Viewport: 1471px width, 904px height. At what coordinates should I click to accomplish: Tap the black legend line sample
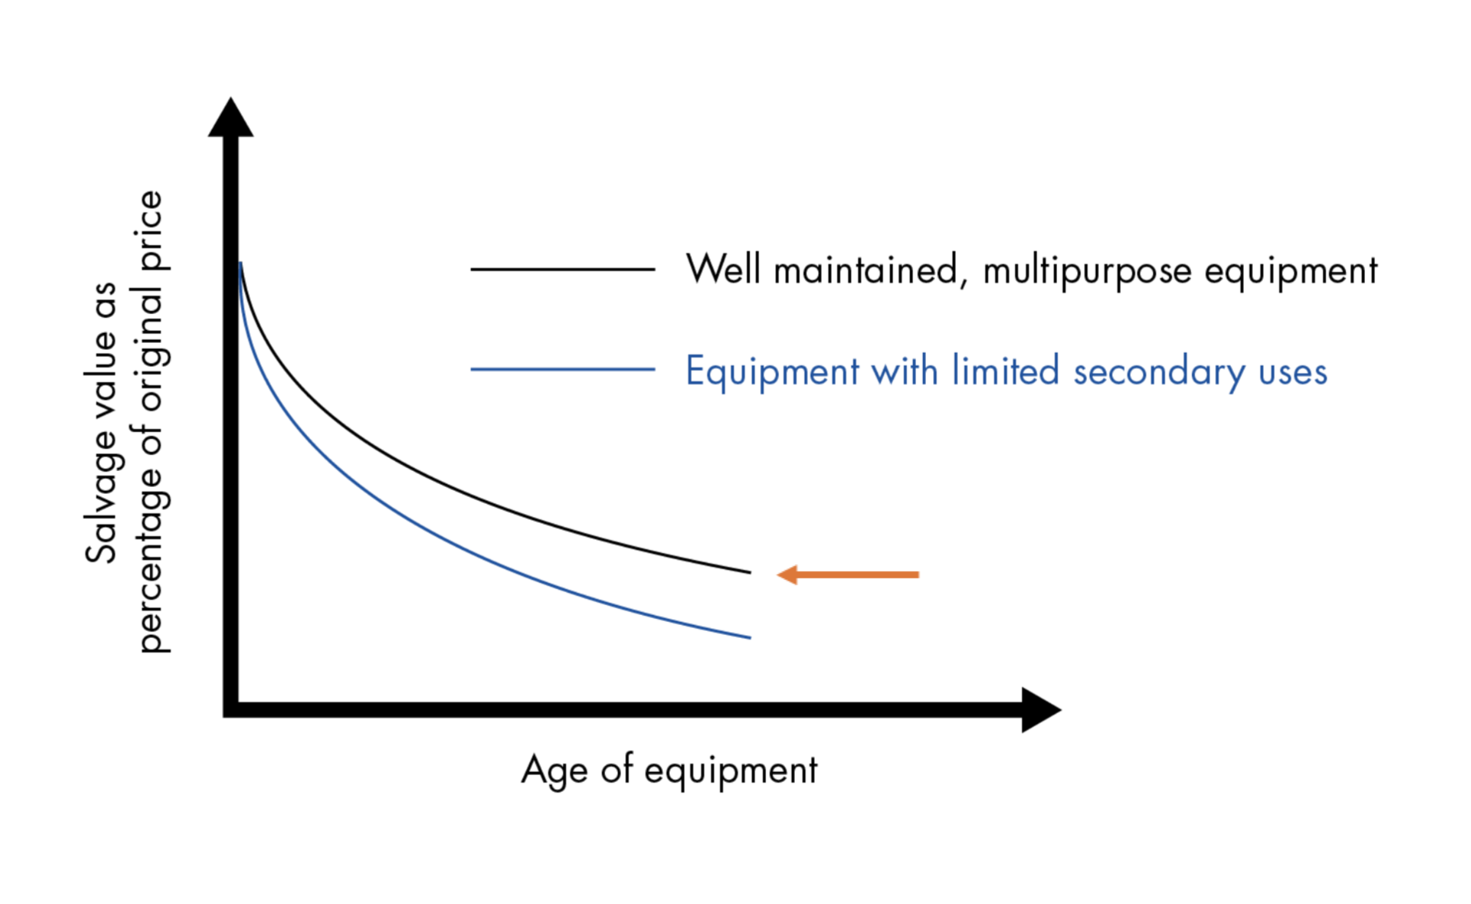562,269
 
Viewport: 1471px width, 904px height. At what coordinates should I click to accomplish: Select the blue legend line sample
562,370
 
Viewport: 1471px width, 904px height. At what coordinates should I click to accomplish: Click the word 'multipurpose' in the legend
1087,272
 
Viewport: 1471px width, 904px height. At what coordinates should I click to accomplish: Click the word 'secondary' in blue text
1159,373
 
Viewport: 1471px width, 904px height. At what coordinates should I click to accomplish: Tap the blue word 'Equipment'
772,373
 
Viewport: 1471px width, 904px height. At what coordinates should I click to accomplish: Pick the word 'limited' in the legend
1005,370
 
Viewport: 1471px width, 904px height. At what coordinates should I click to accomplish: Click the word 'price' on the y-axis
151,230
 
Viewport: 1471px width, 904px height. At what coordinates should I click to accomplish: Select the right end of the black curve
750,572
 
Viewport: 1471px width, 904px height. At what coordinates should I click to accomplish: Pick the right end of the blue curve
750,637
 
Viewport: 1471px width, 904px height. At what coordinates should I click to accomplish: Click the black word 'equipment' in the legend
1291,272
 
